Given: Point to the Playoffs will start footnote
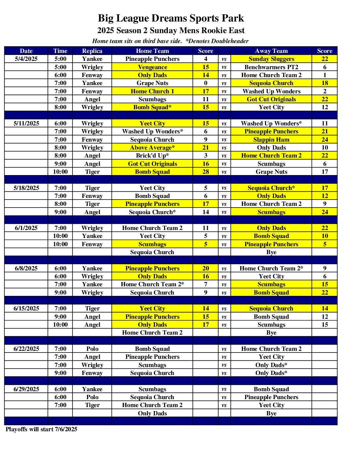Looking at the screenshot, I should pos(41,429).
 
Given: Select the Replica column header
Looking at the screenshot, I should pos(92,51).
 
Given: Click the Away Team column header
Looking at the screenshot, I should pos(271,51).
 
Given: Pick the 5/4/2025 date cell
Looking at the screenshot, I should pos(26,59).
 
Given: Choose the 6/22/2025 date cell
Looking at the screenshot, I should pos(26,349).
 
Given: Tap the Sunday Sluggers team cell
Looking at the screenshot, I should pos(271,59).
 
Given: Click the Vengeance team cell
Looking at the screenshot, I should pos(152,67).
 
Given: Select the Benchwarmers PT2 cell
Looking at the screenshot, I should pos(271,67).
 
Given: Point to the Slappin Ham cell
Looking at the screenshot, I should pos(271,140).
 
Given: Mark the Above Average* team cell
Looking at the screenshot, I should pos(152,148).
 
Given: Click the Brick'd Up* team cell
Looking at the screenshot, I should pos(152,156).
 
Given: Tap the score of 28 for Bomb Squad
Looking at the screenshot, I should pos(205,172).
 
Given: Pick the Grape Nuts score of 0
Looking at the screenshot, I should pos(205,83).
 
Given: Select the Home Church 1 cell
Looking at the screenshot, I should pos(152,91).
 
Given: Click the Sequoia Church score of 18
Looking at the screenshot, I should pos(325,83).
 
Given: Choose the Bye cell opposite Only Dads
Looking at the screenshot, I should pos(271,413).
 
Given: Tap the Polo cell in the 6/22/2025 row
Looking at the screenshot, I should pos(92,349).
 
